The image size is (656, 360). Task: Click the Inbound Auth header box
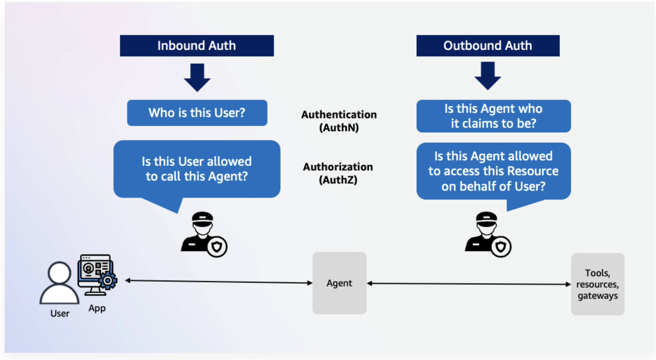[x=197, y=46]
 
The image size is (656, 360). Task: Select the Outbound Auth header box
[x=488, y=46]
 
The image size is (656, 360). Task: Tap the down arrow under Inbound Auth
[x=197, y=77]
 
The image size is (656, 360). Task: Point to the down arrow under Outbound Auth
[x=488, y=76]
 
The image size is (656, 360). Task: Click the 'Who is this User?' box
[x=197, y=113]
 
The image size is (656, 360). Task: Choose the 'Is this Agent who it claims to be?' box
[x=493, y=116]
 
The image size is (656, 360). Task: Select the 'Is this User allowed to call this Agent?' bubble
[x=197, y=169]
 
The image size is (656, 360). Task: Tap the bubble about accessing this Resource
[x=493, y=171]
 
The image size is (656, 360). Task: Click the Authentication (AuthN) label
[x=339, y=121]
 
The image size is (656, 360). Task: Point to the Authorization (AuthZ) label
[x=338, y=173]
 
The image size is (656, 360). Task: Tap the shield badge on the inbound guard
[x=217, y=247]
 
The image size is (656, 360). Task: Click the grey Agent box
[x=339, y=283]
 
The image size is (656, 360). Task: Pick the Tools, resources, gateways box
[x=597, y=284]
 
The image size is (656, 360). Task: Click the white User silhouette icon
[x=59, y=283]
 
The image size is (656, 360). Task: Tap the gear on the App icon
[x=108, y=280]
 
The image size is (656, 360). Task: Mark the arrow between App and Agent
[x=219, y=282]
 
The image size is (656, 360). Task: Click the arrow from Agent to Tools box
[x=469, y=284]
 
